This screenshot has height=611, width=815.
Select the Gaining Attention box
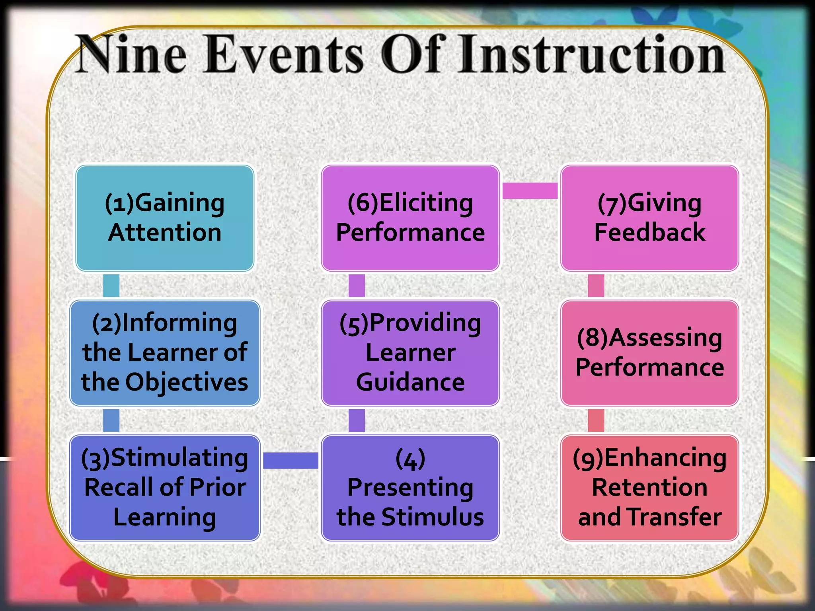[x=165, y=218]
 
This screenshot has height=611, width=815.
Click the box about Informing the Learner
[x=165, y=353]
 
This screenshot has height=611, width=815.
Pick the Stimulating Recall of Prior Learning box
[x=165, y=488]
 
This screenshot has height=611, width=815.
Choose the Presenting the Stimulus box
[x=410, y=488]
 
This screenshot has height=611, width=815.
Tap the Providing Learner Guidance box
[x=410, y=353]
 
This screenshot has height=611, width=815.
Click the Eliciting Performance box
[x=410, y=218]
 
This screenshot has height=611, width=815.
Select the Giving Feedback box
[x=649, y=218]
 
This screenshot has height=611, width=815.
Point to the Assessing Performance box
[x=649, y=353]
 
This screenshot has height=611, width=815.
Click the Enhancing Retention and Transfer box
[x=649, y=488]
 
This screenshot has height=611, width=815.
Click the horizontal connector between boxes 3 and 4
[x=291, y=461]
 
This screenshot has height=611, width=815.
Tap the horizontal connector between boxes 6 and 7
[x=530, y=191]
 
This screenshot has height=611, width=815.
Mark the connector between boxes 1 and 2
[x=111, y=285]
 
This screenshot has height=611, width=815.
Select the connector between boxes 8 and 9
[x=596, y=420]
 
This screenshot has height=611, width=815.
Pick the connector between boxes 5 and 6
[x=357, y=285]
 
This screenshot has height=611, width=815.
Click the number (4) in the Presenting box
[x=410, y=459]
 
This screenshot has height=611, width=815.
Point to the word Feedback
[x=649, y=232]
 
